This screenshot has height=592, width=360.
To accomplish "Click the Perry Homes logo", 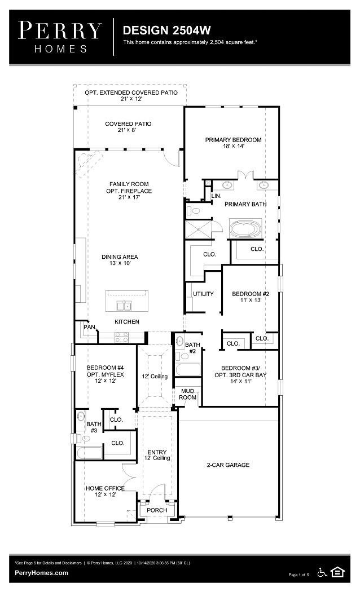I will pos(60,37).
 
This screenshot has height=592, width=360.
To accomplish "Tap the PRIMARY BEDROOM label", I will pos(233,140).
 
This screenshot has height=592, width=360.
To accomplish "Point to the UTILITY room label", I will pos(203,294).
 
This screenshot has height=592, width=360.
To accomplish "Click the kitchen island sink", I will pos(124,306).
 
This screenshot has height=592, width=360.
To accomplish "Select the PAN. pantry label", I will pos(89,327).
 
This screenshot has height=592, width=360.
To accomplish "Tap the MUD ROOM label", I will pos(188,394).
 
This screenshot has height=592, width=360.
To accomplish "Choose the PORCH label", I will pos(157,510).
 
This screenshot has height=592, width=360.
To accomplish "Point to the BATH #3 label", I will pos(94,427).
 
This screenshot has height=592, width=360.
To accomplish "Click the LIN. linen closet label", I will pos(216,196).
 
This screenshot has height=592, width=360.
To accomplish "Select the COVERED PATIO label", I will pos(128,124).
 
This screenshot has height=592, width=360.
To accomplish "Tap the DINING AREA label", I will pos(120,257).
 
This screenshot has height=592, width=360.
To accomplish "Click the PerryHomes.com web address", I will pos(42,573).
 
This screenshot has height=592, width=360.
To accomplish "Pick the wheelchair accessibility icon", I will pos(323,572).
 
